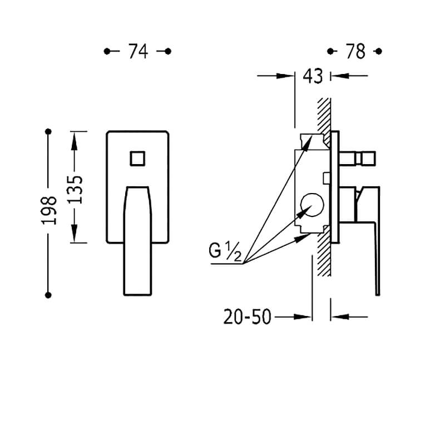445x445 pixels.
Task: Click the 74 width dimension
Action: tap(138, 51)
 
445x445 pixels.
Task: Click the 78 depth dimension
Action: tap(355, 51)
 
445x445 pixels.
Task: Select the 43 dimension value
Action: tap(313, 76)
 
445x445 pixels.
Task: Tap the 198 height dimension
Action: tap(49, 210)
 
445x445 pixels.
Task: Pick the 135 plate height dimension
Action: tap(75, 190)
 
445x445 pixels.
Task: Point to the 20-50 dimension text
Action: tap(247, 317)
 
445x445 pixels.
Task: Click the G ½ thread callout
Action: tap(225, 251)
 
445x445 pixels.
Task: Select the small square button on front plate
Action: tap(137, 159)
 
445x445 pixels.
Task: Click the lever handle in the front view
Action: tap(137, 241)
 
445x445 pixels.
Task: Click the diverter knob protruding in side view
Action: tap(357, 159)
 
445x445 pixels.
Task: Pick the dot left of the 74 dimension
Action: tap(107, 51)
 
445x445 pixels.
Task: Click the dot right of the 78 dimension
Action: tap(379, 51)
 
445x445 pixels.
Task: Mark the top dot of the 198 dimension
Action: tap(48, 131)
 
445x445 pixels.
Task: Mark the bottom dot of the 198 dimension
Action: tap(48, 295)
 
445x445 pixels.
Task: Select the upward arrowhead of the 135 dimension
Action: tap(75, 141)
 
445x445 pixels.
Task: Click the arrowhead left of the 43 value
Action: tap(285, 76)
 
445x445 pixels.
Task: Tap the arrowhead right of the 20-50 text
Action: tap(303, 317)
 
